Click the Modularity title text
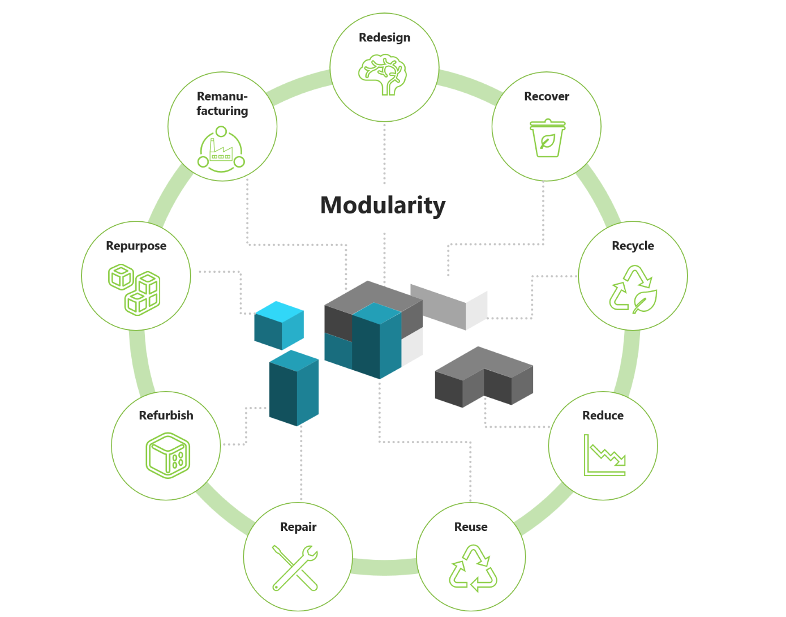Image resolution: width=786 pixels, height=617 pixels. (x=383, y=205)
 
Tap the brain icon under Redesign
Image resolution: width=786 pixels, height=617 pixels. (x=383, y=74)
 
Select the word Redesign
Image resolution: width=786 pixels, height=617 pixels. (x=384, y=38)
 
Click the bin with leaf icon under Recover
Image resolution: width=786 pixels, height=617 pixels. (x=547, y=138)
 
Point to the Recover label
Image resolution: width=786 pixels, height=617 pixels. (x=546, y=97)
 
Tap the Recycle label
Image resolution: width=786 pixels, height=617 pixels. (x=633, y=246)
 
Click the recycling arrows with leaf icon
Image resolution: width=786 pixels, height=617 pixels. (x=633, y=290)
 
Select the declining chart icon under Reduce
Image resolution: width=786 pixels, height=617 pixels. (x=604, y=455)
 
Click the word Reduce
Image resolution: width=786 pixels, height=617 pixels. (x=603, y=416)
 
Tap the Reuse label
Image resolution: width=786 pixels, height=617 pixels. (x=470, y=527)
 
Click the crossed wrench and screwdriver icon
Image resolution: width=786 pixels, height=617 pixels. (x=295, y=568)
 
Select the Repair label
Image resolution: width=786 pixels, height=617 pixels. (x=298, y=527)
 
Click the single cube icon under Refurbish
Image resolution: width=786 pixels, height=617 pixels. (x=167, y=456)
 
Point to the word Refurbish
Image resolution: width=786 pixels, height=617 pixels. (x=166, y=416)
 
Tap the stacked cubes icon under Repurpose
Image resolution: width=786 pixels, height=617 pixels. (x=135, y=289)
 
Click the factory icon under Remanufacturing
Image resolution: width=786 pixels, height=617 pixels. (x=221, y=150)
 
